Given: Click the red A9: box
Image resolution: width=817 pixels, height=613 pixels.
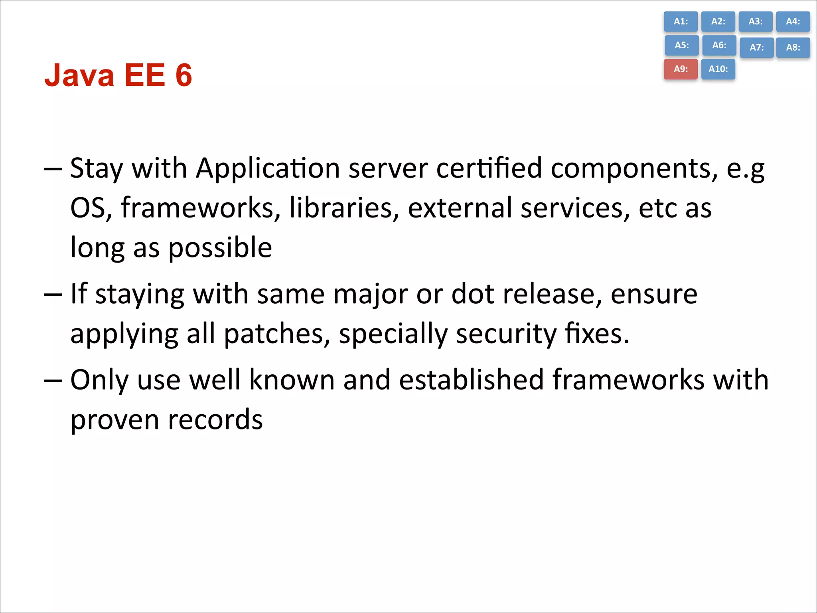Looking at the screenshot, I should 681,69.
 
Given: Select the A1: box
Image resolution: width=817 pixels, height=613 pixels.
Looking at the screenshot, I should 681,22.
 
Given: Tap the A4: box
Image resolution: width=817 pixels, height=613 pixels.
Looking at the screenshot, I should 793,22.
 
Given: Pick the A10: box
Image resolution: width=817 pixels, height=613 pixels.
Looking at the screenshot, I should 718,69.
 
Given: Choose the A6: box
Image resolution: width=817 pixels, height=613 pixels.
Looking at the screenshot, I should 719,45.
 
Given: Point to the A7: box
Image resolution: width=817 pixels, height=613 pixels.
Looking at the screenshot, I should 756,47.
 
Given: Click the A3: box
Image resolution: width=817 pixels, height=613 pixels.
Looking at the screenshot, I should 755,22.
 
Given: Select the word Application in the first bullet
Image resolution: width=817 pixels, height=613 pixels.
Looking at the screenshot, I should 268,168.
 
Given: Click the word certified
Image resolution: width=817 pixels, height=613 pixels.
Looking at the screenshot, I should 489,168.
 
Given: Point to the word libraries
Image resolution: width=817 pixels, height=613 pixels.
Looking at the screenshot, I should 344,208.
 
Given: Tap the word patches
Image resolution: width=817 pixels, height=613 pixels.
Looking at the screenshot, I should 277,334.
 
